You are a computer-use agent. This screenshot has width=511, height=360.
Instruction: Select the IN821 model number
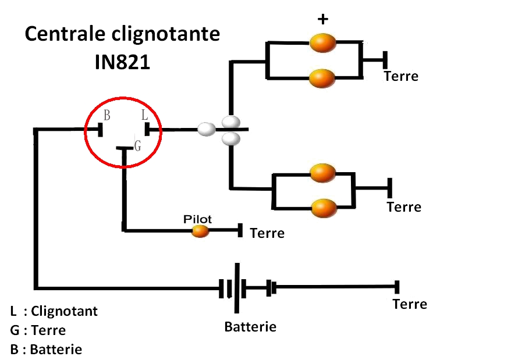(122, 62)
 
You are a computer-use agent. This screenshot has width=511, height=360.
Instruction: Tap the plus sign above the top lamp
(322, 19)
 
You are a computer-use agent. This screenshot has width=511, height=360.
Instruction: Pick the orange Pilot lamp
(200, 231)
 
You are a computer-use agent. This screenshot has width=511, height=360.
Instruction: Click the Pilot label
(198, 219)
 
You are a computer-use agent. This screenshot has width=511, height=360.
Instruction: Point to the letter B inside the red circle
(107, 115)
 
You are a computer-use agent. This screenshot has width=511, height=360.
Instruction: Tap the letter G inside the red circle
(137, 146)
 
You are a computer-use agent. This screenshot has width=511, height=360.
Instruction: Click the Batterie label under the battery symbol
(250, 327)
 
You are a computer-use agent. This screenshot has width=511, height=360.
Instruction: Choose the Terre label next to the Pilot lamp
(267, 233)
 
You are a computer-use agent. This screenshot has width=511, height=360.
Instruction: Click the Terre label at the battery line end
(410, 304)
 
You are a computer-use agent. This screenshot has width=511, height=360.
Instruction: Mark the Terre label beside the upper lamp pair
(401, 76)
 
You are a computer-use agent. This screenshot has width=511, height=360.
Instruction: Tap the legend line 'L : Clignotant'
(54, 311)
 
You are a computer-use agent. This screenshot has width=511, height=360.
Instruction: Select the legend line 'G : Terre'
(38, 330)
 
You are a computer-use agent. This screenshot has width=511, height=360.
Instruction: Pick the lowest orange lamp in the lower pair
(324, 207)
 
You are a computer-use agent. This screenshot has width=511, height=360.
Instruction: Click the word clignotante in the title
(166, 34)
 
